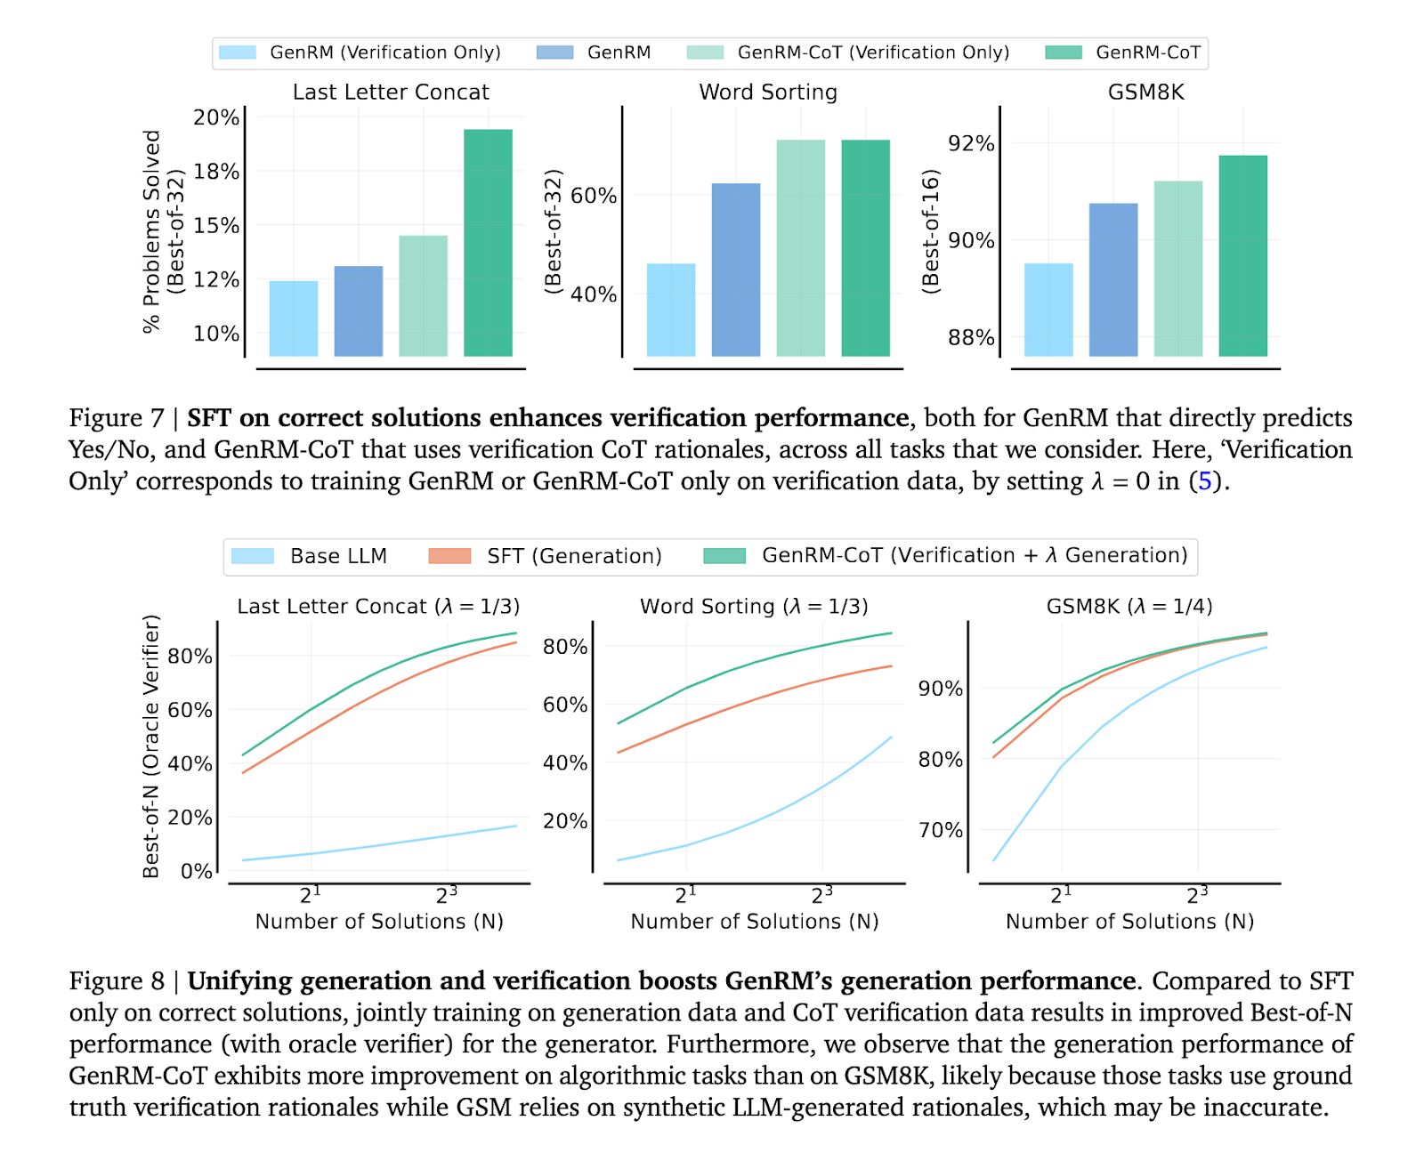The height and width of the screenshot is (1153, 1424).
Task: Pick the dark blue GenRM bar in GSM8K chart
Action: coord(1112,279)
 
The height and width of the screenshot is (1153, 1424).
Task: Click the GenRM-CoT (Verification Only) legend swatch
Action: coord(705,52)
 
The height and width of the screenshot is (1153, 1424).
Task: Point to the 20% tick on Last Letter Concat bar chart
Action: coord(216,117)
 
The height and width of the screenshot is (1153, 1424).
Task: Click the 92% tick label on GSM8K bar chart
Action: coord(970,143)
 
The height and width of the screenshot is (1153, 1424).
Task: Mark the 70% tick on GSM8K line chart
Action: coord(940,830)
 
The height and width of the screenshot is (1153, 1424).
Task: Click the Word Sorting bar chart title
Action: coord(768,92)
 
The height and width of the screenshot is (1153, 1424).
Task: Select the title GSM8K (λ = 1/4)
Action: coord(1129,606)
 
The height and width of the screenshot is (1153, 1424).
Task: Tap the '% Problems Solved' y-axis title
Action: coord(152,231)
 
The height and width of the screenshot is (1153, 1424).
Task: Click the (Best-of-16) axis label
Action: coord(931,231)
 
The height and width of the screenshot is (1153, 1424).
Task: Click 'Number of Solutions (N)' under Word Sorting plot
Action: coord(755,922)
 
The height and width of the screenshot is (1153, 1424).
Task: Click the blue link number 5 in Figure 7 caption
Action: coord(1204,481)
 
